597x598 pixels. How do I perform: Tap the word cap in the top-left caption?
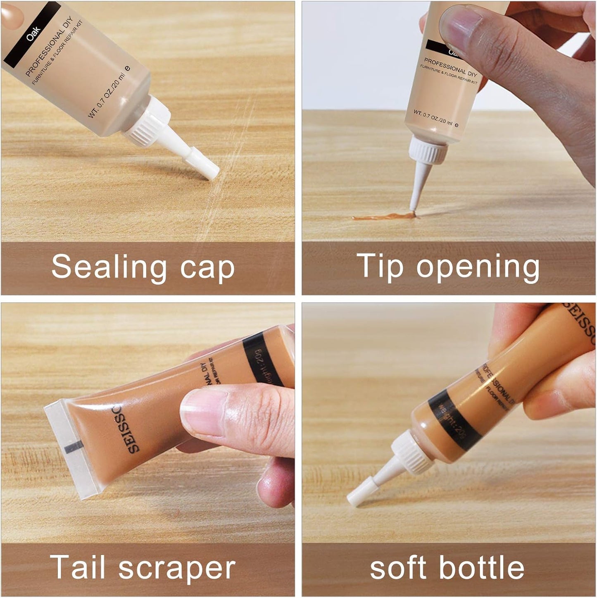(207, 269)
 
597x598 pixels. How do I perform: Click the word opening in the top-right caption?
(478, 269)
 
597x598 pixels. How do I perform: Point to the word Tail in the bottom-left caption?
(77, 567)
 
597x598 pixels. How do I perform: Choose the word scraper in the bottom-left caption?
(177, 569)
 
